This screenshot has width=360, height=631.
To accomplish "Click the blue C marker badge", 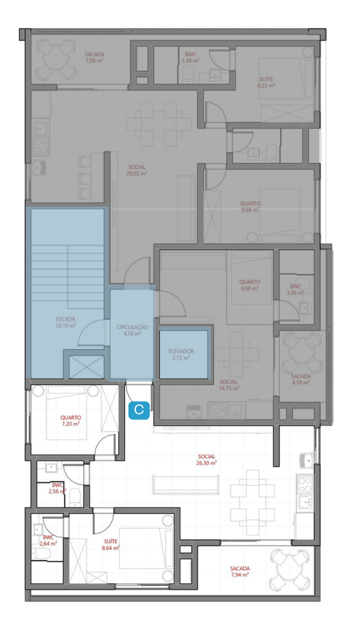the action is [x=139, y=410].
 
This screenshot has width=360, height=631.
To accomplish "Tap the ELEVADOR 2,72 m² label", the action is [x=181, y=354].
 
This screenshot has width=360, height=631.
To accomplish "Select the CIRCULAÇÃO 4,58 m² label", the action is [x=132, y=330].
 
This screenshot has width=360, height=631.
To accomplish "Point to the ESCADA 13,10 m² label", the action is [x=66, y=322].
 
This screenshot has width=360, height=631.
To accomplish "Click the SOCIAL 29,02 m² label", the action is [x=137, y=170].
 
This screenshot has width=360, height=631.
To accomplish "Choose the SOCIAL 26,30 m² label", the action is [x=206, y=460].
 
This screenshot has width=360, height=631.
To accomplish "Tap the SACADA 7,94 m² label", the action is [x=240, y=571].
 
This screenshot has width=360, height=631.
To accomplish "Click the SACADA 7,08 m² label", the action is [x=95, y=57].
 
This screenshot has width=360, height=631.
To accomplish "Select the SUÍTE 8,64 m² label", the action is [x=111, y=545].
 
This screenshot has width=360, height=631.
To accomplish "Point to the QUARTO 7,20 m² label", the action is [x=71, y=421].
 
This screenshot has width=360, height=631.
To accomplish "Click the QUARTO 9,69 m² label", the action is [x=250, y=206].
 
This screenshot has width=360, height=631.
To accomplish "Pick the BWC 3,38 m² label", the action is [x=191, y=57].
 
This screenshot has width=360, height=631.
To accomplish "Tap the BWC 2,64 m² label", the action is [x=48, y=540].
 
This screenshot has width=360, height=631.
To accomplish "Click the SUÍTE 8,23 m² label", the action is [x=266, y=82].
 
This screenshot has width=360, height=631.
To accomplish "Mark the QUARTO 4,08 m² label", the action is [x=250, y=285].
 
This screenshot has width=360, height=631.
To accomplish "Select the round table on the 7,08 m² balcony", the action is [x=56, y=59].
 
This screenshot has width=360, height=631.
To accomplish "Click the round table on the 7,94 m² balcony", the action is [x=290, y=570].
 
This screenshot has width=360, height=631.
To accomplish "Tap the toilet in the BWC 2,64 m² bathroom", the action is [x=40, y=553].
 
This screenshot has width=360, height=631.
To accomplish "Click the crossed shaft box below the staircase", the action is [x=86, y=367].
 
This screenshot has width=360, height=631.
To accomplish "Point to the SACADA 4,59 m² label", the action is [x=301, y=379].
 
